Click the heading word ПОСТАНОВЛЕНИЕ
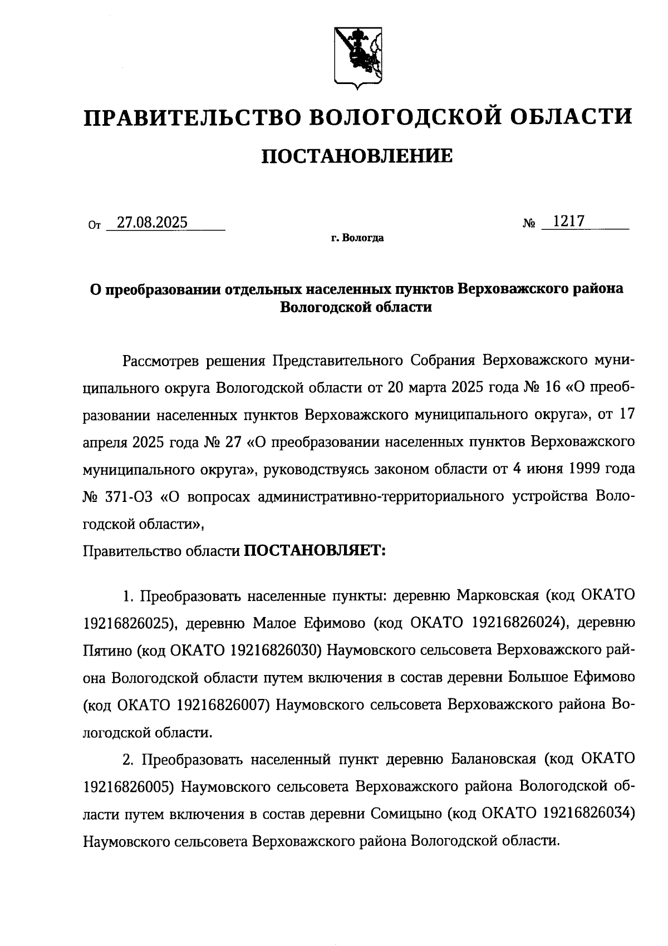pos(357,157)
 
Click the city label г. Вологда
pos(357,239)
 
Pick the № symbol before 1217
pos(529,223)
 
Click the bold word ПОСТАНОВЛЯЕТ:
pos(315,550)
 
